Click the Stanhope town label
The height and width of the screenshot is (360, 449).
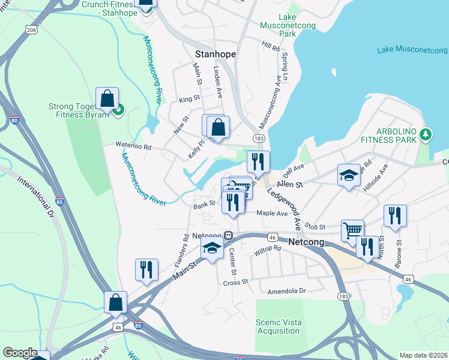[x=214, y=54]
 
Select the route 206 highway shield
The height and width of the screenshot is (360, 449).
[x=32, y=29]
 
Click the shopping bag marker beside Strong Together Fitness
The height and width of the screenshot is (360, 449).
[x=107, y=100]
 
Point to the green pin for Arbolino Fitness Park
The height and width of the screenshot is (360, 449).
[x=426, y=133]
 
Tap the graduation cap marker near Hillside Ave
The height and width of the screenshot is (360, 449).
[x=349, y=175]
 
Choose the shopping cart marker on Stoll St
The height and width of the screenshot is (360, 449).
[x=352, y=230]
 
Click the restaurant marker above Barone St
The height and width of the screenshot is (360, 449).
[x=395, y=216]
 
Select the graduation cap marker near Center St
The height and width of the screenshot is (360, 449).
[x=212, y=248]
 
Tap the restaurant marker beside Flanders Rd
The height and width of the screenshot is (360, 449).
[x=146, y=270]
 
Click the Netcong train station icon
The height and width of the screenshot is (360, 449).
[x=229, y=235]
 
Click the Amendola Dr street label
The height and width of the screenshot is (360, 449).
[x=286, y=291]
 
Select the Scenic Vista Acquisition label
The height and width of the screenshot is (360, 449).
[x=277, y=326]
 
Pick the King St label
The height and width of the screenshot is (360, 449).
[x=190, y=98]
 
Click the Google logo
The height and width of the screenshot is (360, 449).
[x=20, y=353]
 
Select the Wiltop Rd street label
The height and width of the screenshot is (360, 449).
[x=267, y=249]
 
